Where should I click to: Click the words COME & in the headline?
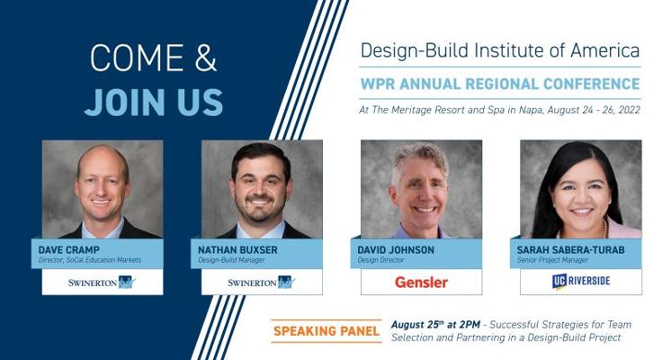153,58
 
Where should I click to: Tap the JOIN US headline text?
154,103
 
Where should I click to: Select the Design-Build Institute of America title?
500,50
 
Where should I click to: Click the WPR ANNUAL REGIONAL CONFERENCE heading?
500,84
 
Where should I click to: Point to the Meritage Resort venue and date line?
499,110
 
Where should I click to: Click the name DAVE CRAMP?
69,249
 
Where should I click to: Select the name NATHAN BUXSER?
237,249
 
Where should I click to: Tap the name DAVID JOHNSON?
396,249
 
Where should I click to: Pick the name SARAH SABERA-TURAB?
570,249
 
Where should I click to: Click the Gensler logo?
421,282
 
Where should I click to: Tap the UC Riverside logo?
581,281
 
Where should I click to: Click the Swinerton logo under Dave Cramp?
102,282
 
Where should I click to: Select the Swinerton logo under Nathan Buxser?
262,282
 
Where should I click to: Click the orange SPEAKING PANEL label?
327,331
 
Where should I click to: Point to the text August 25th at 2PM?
435,325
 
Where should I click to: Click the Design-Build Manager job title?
231,260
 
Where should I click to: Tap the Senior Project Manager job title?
552,260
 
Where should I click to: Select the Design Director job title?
380,260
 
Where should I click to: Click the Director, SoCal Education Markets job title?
90,260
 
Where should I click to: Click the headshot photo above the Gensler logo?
422,189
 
